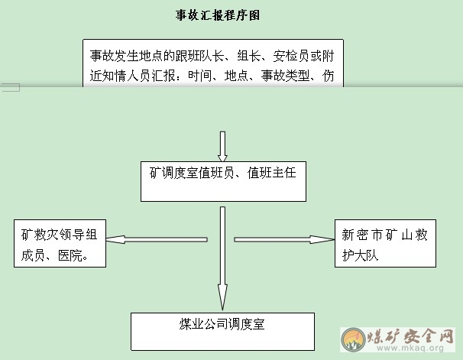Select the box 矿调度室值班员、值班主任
point(222,180)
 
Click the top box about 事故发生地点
point(212,64)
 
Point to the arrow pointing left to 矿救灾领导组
point(157,240)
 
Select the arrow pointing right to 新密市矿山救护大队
point(282,240)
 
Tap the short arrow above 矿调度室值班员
point(222,146)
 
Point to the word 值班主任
point(277,174)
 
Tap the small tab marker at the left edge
point(10,88)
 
